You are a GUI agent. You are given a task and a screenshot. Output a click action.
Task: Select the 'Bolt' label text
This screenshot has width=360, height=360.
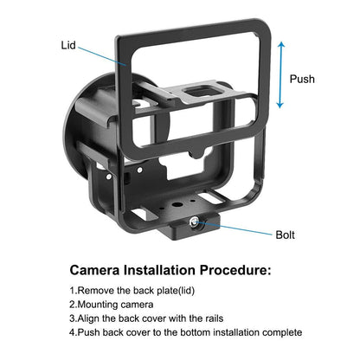point(287,234)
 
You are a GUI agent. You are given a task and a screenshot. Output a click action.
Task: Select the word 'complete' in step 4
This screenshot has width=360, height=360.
point(279,331)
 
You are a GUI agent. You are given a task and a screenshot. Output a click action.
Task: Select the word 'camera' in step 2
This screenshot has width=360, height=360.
point(139,305)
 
